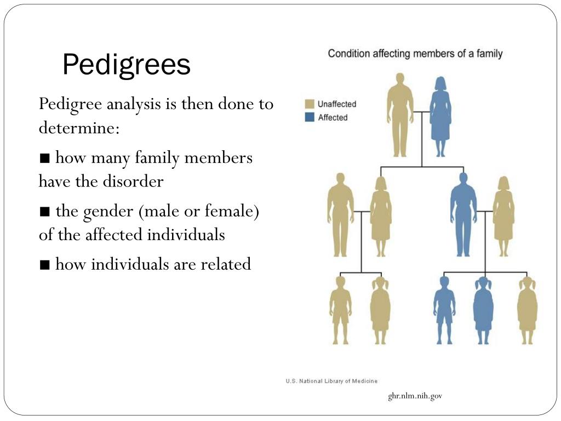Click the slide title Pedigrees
126,65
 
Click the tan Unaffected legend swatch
310,104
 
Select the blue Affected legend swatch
310,117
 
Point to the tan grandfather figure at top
400,115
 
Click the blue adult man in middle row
463,214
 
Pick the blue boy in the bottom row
444,310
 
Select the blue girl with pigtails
483,310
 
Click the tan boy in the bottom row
340,310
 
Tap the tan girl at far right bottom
527,310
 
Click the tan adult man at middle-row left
340,214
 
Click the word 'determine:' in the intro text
79,128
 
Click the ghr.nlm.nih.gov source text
415,396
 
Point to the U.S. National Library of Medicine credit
331,381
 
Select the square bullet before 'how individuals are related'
45,265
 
